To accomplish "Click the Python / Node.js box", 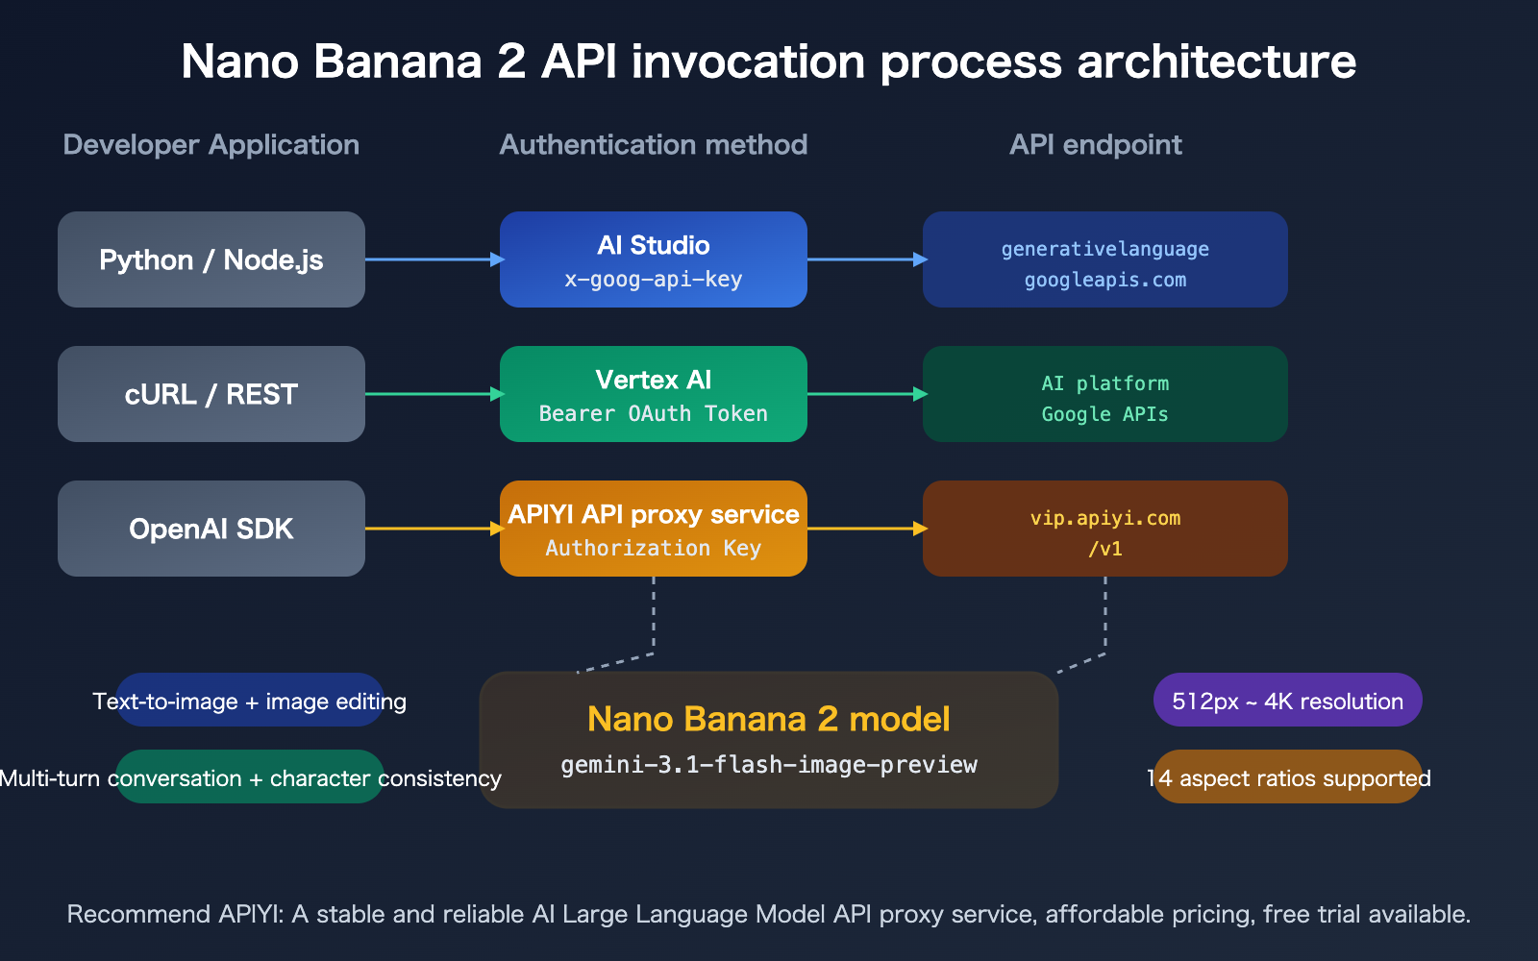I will click(211, 259).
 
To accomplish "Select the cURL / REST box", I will click(211, 394).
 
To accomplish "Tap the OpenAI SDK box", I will click(211, 529).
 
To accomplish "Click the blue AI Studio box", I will click(654, 259).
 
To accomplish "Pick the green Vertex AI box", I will click(654, 394).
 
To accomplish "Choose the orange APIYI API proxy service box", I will click(654, 529).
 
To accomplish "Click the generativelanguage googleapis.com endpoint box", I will click(1105, 259).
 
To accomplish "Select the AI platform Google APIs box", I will click(1105, 394).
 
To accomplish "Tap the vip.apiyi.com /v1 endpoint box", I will click(1105, 529).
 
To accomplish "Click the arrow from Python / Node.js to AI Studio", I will click(433, 259).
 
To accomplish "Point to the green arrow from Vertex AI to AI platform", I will click(865, 394).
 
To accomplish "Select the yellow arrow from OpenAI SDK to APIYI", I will click(433, 529).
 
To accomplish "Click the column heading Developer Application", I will click(211, 145).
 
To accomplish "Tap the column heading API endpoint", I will click(1095, 145).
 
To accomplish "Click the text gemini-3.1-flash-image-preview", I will click(769, 765).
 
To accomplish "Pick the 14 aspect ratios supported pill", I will click(1288, 777).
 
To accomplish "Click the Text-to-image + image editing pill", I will click(250, 701).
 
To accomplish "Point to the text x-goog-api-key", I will click(654, 280).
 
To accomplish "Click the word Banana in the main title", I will click(398, 62).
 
